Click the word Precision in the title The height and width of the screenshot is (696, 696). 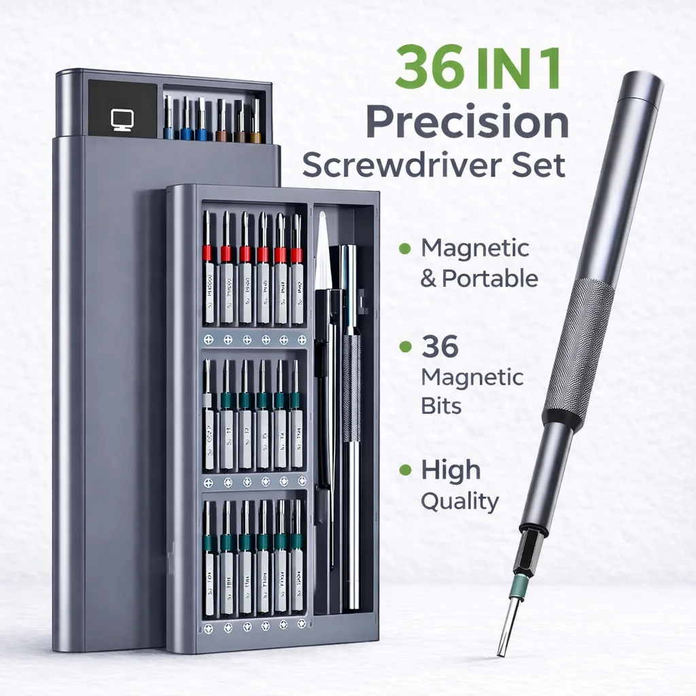click(467, 123)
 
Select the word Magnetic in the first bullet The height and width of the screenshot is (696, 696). click(474, 248)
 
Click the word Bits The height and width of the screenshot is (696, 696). click(441, 406)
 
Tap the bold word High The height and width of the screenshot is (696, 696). click(450, 470)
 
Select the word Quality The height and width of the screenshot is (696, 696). click(459, 502)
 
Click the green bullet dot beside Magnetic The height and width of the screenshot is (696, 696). click(405, 248)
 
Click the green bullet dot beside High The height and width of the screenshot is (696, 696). click(405, 470)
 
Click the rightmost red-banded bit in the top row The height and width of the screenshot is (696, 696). click(297, 255)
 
